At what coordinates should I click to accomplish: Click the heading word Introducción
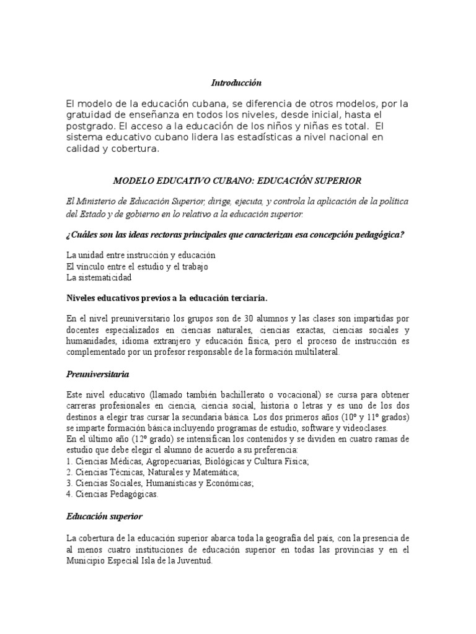coord(237,82)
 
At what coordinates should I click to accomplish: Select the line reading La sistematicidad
coord(99,278)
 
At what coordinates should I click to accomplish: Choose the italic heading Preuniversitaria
coord(98,374)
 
